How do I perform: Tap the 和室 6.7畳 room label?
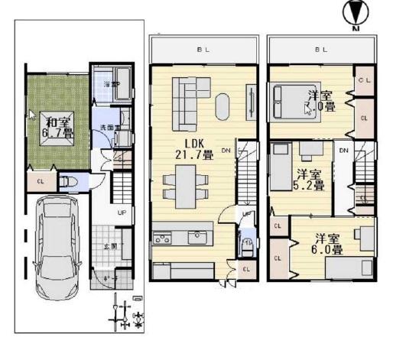[x=58, y=127]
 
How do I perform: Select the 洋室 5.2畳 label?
[x=310, y=180]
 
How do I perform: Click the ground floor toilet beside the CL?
[x=68, y=183]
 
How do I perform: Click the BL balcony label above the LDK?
[x=201, y=50]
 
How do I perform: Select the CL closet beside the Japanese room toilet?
[x=40, y=182]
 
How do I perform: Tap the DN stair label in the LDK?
[x=226, y=151]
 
